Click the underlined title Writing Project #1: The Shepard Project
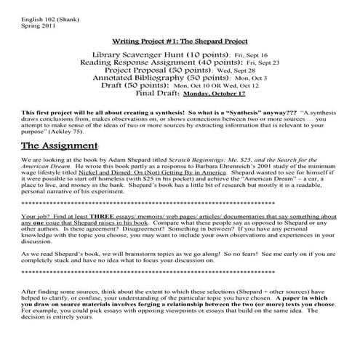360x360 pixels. point(179,41)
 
